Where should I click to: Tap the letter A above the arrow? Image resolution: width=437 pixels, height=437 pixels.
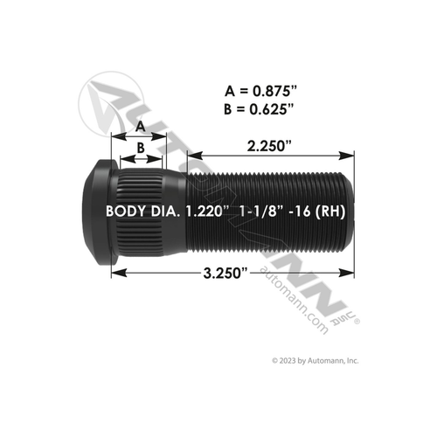139,126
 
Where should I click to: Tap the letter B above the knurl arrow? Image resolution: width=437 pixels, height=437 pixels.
139,149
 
